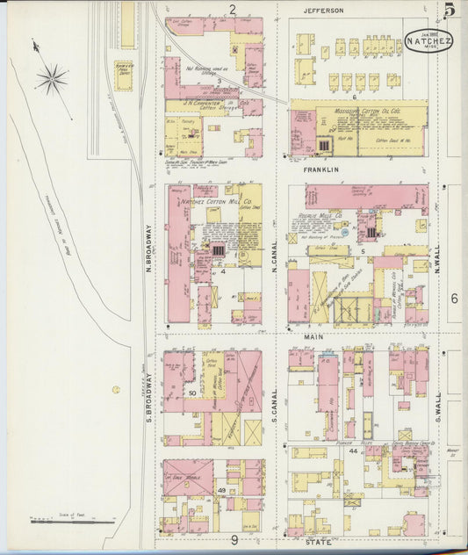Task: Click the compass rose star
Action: (52, 79)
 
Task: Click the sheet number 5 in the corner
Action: (448, 11)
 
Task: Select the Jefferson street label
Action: (323, 11)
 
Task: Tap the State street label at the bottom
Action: (317, 542)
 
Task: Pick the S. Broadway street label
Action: (149, 392)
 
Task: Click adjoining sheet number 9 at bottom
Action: (234, 539)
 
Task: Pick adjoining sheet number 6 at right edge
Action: (454, 299)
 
